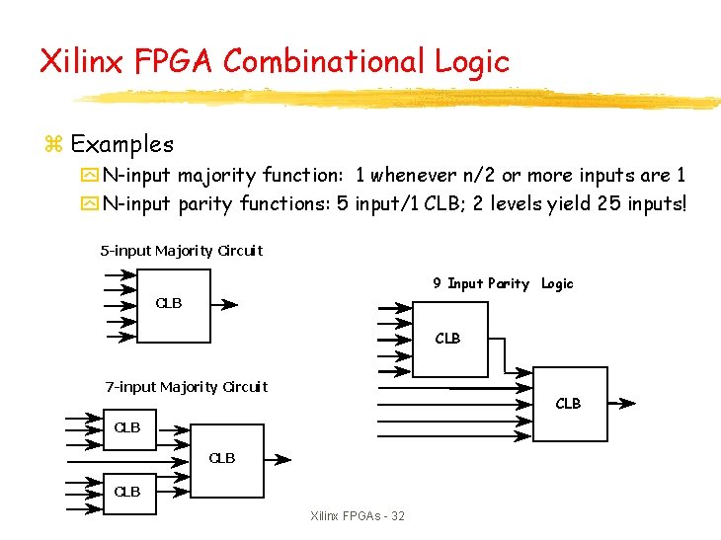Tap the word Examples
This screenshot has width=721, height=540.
coord(121,144)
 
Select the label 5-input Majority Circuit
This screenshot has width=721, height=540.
coord(182,251)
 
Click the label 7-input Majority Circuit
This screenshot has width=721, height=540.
coord(187,386)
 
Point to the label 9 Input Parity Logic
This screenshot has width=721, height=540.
coord(503,283)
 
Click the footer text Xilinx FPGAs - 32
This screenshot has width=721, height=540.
coord(358,516)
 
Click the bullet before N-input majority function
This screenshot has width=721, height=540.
coord(91,177)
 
